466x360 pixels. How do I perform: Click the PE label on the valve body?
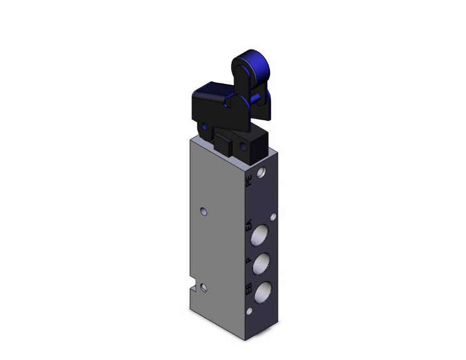(x=249, y=182)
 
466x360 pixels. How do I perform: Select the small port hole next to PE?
(x=262, y=171)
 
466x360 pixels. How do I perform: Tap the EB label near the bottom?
(x=249, y=290)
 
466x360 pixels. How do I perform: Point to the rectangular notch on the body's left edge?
(x=192, y=289)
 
